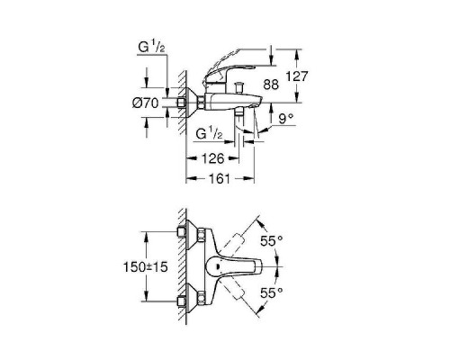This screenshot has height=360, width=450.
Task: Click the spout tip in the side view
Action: (255, 104)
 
